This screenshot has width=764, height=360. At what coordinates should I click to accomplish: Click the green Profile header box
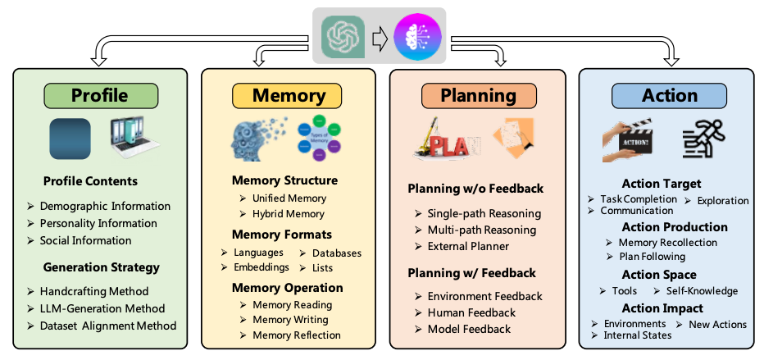(x=100, y=95)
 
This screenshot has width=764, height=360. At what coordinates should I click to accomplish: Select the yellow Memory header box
(x=289, y=95)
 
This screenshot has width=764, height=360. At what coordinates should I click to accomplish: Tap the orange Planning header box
(x=478, y=95)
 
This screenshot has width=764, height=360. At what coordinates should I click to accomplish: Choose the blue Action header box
(x=670, y=95)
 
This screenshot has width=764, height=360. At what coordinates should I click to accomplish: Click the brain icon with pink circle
(x=418, y=37)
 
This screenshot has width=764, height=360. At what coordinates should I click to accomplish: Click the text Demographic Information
(x=105, y=206)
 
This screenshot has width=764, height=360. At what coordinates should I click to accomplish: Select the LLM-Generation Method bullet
(x=102, y=308)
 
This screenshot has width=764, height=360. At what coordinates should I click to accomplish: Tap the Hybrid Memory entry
(x=289, y=214)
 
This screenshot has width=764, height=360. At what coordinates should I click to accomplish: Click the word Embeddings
(x=261, y=267)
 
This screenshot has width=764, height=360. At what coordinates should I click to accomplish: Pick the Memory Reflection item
(x=296, y=335)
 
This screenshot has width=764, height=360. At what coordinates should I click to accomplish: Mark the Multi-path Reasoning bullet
(x=481, y=230)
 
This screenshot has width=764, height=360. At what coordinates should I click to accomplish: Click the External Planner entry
(x=468, y=246)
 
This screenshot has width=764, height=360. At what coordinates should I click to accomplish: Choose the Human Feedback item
(x=471, y=312)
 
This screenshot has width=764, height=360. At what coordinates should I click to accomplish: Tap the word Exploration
(x=722, y=200)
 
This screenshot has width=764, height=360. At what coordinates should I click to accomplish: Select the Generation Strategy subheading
(x=101, y=267)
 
